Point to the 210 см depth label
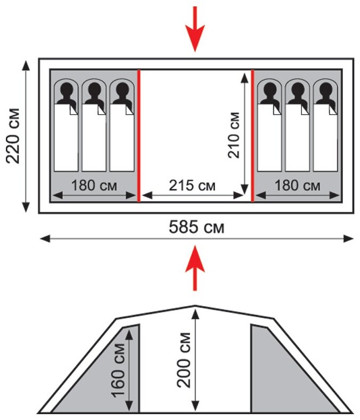pos(233,134)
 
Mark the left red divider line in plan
pos(138,135)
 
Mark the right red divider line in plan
pos(252,135)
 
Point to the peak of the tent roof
pos(195,306)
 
